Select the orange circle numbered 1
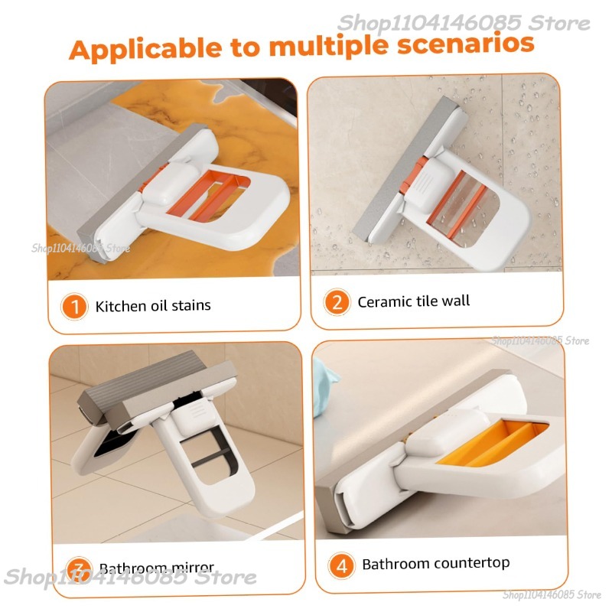click(75, 307)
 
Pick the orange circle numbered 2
click(337, 302)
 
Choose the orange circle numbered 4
click(341, 565)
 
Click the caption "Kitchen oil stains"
click(153, 307)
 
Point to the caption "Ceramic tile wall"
click(414, 301)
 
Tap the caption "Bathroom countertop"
click(436, 564)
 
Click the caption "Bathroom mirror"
click(157, 568)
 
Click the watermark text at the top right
click(464, 23)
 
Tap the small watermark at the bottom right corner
click(552, 594)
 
